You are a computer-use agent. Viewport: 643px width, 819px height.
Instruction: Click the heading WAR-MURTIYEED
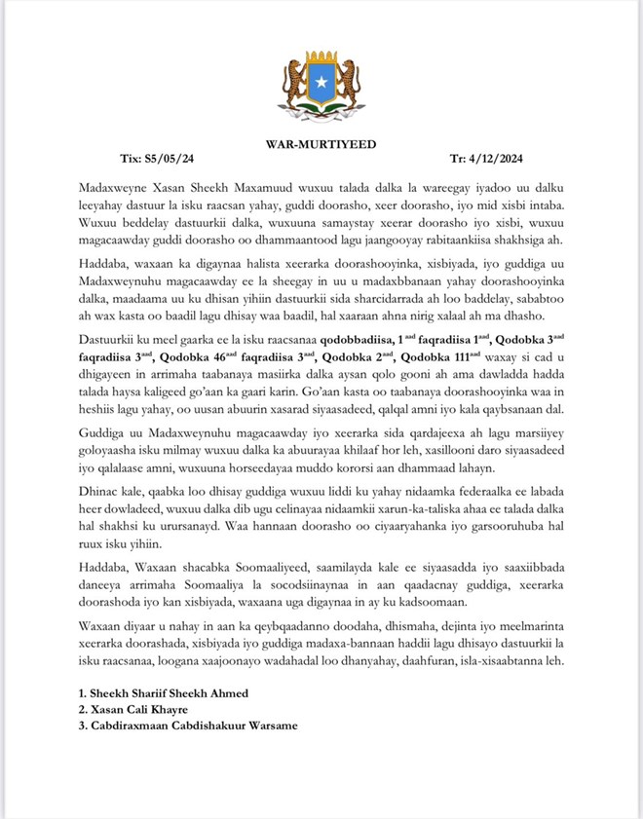pyautogui.click(x=321, y=144)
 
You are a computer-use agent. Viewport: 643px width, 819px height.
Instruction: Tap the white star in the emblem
pyautogui.click(x=321, y=83)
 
